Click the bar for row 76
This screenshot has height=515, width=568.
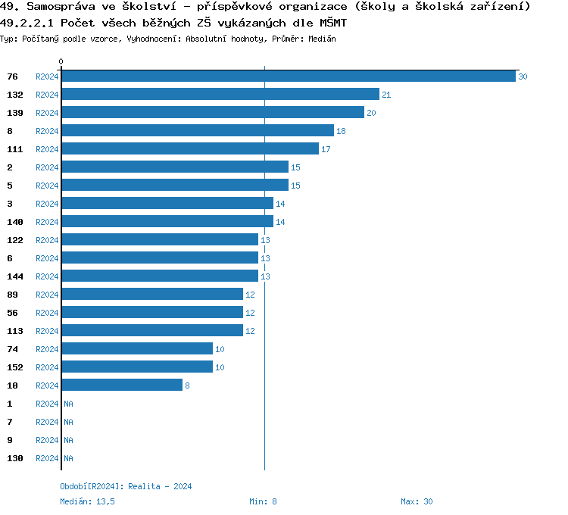[288, 76]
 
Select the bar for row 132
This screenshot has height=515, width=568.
[220, 95]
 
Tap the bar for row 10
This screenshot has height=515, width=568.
[121, 385]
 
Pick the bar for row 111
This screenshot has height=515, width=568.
[189, 149]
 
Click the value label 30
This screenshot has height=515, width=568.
[523, 77]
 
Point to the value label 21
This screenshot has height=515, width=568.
[386, 95]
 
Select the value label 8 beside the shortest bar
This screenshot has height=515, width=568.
[187, 386]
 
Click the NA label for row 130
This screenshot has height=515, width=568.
[68, 458]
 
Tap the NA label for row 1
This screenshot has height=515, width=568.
[68, 404]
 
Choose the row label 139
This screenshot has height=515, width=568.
[15, 113]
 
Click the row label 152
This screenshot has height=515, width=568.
[15, 367]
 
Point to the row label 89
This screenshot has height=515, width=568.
[13, 295]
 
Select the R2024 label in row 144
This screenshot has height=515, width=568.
[47, 276]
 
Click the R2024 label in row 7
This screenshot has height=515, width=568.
[47, 422]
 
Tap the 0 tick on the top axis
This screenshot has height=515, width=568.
[61, 61]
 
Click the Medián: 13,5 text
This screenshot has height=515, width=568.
[87, 501]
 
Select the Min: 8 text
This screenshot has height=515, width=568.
[263, 501]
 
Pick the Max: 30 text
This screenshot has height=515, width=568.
[417, 501]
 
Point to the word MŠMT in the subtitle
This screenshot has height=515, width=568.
[330, 23]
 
